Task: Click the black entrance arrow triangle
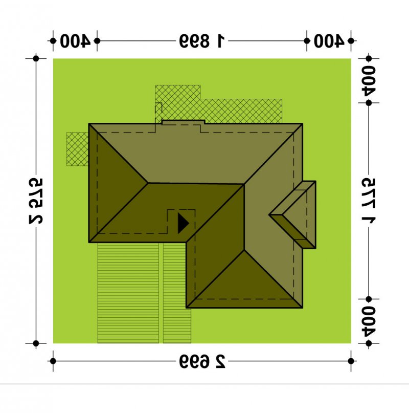click(183, 223)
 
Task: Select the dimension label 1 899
click(202, 41)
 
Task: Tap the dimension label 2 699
click(202, 361)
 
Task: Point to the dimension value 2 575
click(36, 201)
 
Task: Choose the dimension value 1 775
click(369, 201)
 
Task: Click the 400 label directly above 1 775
click(369, 80)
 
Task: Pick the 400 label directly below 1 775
click(369, 321)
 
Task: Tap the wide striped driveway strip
click(128, 293)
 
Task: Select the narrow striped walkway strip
click(177, 293)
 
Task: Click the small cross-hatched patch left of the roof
click(77, 149)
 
